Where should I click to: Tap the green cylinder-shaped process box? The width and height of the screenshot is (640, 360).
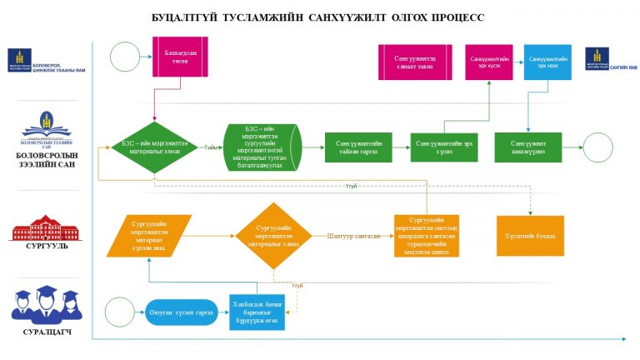(264, 147)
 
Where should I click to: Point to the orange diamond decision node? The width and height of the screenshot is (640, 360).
(276, 235)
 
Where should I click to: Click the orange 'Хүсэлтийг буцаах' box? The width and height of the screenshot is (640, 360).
(529, 235)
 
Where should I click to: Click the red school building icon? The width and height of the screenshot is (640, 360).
(46, 227)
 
